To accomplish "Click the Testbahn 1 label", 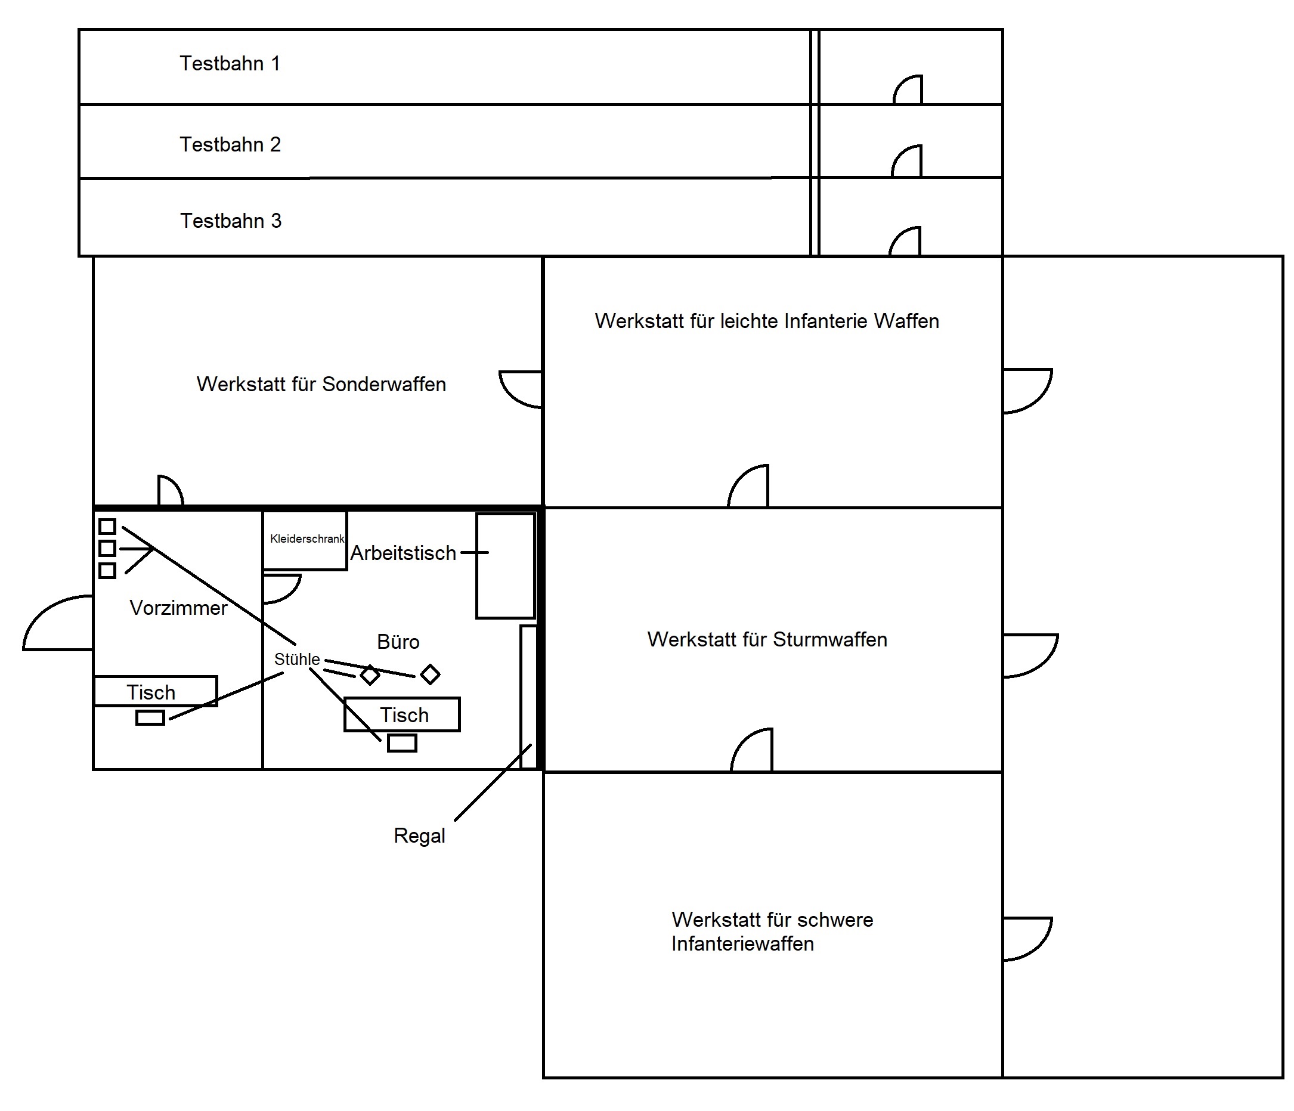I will click(230, 64).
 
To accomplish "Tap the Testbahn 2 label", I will click(230, 145).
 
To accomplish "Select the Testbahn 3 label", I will click(230, 221).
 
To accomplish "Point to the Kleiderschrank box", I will click(305, 540).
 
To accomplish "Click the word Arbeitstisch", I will click(403, 553).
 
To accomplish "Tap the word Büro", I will click(398, 642).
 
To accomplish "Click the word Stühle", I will click(296, 660).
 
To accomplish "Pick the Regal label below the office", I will click(419, 836).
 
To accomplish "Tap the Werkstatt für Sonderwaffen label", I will click(321, 385).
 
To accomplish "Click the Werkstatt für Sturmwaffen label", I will click(767, 640).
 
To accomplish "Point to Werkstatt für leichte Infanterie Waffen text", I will click(766, 321).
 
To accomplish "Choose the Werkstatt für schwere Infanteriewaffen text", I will click(772, 931).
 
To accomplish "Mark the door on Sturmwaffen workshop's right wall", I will click(1029, 656).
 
